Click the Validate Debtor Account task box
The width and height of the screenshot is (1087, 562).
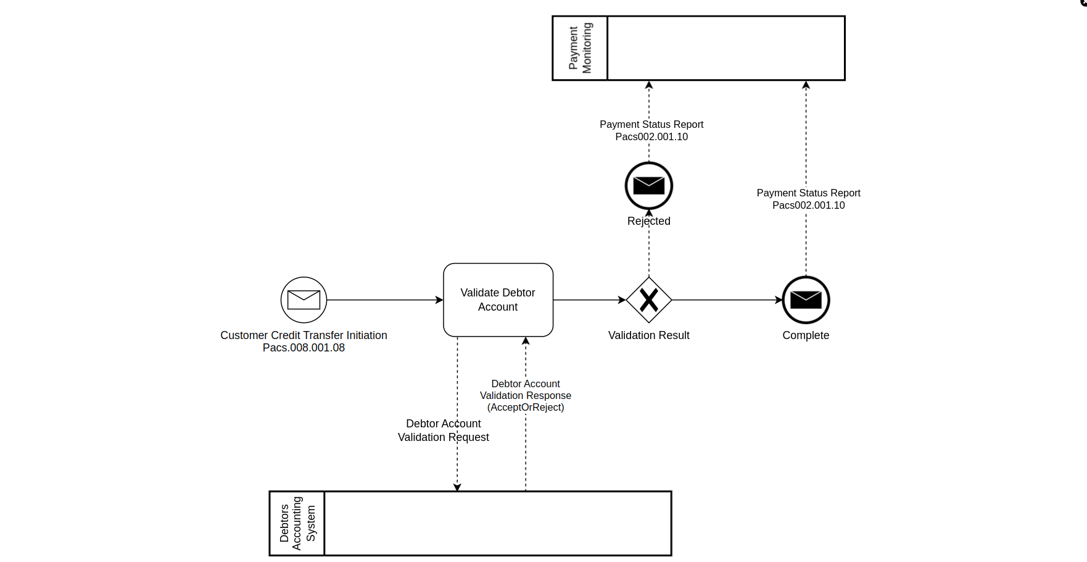pyautogui.click(x=498, y=300)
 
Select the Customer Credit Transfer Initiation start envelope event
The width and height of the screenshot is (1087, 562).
pyautogui.click(x=304, y=300)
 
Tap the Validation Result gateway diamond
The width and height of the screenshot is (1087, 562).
pyautogui.click(x=648, y=300)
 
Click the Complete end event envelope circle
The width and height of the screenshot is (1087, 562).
pyautogui.click(x=806, y=300)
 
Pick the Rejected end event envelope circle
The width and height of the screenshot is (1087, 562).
pyautogui.click(x=648, y=186)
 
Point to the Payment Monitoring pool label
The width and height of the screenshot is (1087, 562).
pyautogui.click(x=580, y=48)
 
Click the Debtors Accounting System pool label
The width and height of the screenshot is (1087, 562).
pyautogui.click(x=297, y=524)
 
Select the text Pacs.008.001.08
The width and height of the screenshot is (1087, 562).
pyautogui.click(x=304, y=348)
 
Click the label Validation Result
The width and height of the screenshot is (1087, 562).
pyautogui.click(x=648, y=335)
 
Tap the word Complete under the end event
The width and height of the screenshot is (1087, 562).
pyautogui.click(x=806, y=335)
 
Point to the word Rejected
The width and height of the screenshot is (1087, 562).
pyautogui.click(x=648, y=221)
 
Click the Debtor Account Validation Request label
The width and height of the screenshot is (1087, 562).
pyautogui.click(x=443, y=430)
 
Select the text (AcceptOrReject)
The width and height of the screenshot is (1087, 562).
pyautogui.click(x=526, y=408)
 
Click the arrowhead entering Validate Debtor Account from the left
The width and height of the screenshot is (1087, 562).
pyautogui.click(x=439, y=300)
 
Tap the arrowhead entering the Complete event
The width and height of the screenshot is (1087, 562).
pyautogui.click(x=779, y=300)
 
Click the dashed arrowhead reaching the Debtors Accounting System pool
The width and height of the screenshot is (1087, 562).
pyautogui.click(x=457, y=487)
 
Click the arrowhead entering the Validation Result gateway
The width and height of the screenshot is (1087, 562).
pyautogui.click(x=622, y=300)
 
